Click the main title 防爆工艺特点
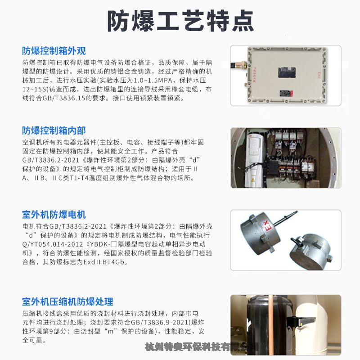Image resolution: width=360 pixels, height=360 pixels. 180,21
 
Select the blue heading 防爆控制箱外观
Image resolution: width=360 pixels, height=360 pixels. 54,51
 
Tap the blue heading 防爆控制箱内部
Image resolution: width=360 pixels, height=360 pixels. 54,130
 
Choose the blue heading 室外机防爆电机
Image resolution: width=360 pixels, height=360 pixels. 54,215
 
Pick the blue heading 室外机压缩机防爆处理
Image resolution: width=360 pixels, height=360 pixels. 67,301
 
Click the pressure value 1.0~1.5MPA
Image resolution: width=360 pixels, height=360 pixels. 153,81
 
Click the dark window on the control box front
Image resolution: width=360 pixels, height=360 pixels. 287,72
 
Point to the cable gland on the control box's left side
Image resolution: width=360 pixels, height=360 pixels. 239,64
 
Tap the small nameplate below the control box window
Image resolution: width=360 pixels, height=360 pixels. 286,93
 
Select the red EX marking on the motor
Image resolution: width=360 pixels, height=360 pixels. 268,226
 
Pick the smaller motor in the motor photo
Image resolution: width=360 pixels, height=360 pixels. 311,251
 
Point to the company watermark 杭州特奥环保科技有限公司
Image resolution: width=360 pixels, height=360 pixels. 202,346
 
